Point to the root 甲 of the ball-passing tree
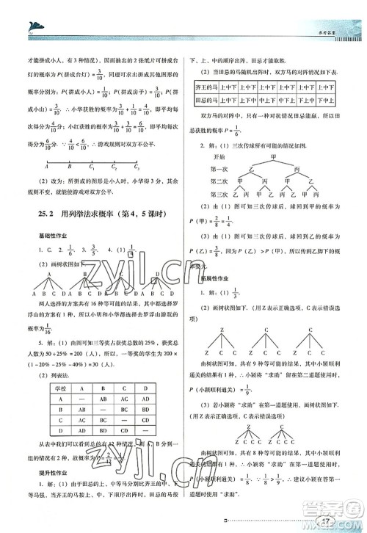[x=273, y=156]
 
